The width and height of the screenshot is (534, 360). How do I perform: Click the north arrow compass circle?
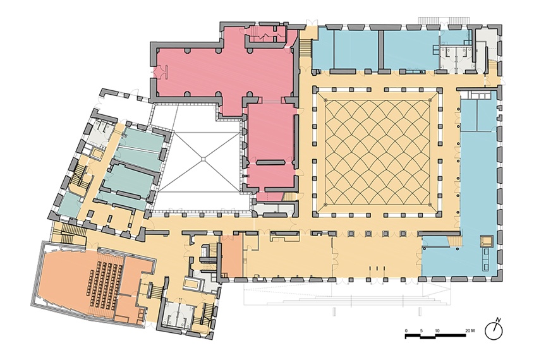pos(494,332)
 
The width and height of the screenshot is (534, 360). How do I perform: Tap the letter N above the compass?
pos(498,320)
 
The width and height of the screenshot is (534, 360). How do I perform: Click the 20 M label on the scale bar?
pos(470,330)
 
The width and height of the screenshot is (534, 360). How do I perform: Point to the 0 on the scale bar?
pos(406,330)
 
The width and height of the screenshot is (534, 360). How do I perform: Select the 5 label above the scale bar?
pos(422,330)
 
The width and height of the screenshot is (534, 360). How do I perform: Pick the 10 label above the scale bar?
pos(437,330)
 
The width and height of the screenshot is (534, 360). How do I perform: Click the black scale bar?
pos(435,336)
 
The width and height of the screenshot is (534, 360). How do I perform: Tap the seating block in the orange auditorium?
pos(103,285)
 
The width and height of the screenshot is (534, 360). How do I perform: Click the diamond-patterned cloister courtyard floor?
pos(377,152)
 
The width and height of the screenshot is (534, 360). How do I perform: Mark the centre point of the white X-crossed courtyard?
pos(203,159)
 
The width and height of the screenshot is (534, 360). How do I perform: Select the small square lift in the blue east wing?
pos(487,241)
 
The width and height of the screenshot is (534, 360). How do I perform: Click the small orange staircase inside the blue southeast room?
pos(452,241)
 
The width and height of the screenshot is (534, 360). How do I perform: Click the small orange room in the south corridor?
pos(232,255)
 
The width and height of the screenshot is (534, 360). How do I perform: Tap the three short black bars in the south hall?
pos(378,268)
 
